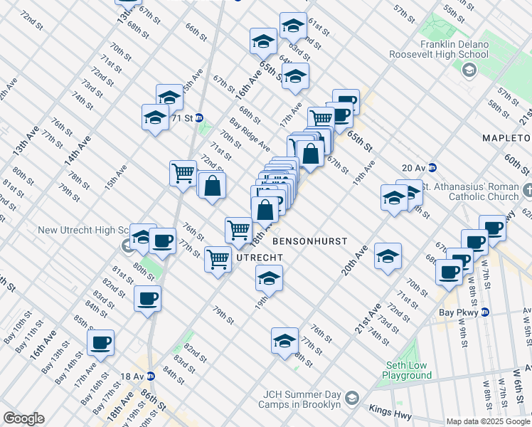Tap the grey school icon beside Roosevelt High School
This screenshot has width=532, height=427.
coord(469,70)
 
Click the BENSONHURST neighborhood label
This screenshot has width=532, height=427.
coord(309,241)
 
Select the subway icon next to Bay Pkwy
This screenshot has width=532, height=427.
coord(485,312)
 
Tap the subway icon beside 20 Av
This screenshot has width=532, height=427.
coord(432,168)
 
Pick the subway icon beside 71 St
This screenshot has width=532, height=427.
coord(200,117)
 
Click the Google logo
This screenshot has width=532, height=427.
coord(23,418)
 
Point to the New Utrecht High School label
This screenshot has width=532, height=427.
coord(83,231)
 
